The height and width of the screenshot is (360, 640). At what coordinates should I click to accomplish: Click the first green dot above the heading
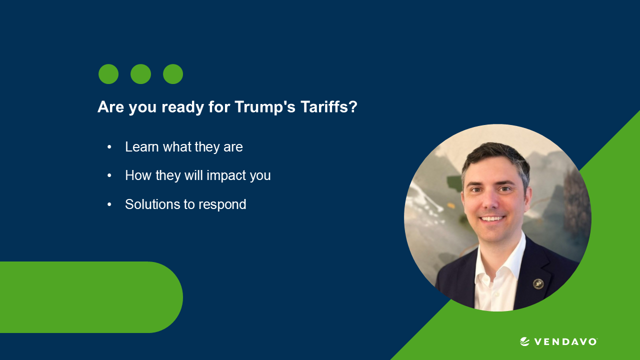108,74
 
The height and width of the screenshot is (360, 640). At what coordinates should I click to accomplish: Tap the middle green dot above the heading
140,74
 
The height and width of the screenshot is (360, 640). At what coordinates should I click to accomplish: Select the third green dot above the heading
173,74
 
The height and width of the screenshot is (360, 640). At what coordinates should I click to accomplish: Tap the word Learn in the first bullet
142,147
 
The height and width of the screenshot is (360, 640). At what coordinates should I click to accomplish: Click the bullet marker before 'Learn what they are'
109,147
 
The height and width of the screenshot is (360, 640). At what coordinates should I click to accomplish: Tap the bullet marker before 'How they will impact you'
109,176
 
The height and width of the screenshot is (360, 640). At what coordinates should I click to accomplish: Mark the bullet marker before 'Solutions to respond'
109,204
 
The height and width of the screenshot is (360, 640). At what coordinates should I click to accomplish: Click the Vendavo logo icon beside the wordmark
524,341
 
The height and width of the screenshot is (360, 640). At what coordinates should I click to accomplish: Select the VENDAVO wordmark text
565,342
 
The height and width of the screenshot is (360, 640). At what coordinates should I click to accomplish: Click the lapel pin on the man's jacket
538,283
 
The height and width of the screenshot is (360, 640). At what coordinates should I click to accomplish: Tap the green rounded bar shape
90,297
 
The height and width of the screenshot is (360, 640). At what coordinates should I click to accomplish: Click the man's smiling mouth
493,218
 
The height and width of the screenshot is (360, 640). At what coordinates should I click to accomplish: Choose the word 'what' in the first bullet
177,147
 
